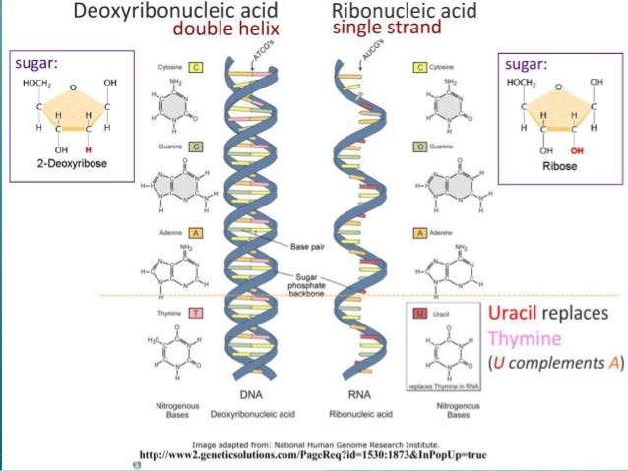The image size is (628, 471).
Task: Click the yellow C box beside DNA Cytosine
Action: point(197,67)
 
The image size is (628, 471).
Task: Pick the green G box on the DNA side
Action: point(197,146)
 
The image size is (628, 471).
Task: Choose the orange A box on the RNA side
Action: point(420,233)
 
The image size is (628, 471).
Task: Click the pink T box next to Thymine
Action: point(197,313)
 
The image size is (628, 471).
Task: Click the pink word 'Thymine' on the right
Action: point(526,338)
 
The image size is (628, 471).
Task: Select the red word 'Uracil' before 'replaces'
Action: point(513,315)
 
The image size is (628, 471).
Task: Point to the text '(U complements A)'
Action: point(557,362)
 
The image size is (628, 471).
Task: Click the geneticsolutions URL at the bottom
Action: point(312,454)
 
